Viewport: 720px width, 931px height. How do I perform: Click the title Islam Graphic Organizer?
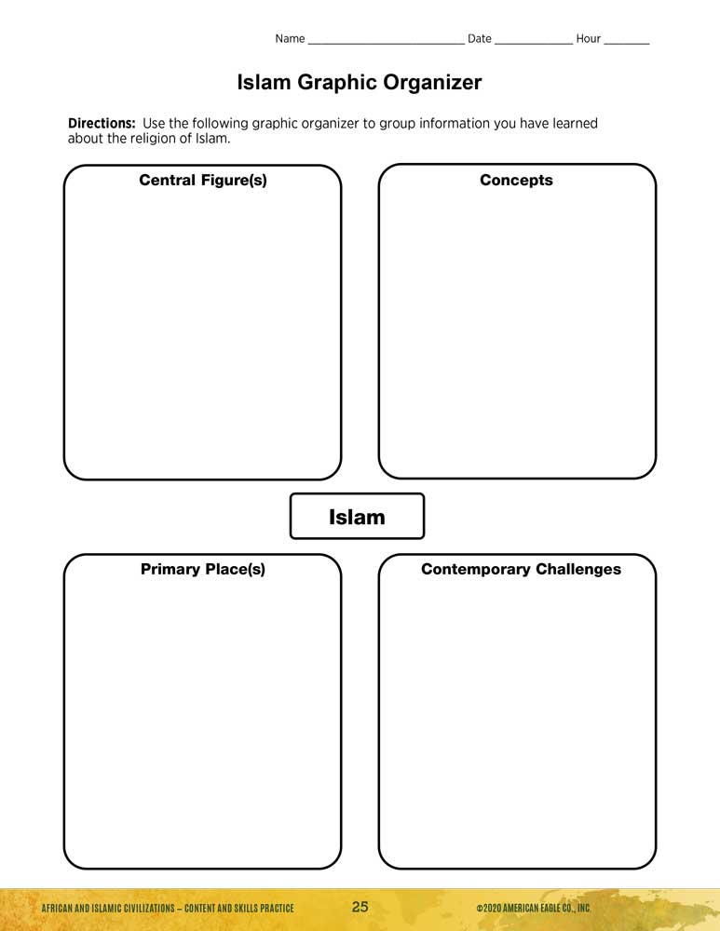click(360, 83)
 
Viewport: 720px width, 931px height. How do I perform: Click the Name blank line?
click(386, 42)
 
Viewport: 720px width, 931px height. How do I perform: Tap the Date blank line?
click(534, 42)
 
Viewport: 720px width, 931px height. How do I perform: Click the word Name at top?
click(290, 39)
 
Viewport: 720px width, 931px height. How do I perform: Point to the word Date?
click(480, 39)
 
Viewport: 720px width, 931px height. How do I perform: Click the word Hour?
click(589, 39)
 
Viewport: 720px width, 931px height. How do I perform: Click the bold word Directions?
click(102, 123)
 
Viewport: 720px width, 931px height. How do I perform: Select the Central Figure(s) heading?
click(203, 181)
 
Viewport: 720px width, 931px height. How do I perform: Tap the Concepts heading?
click(516, 181)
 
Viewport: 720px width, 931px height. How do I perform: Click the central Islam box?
click(357, 517)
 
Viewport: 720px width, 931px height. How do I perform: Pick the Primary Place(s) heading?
click(203, 569)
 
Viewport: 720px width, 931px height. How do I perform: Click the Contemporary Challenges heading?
click(521, 569)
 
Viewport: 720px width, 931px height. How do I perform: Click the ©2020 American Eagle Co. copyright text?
click(533, 909)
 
